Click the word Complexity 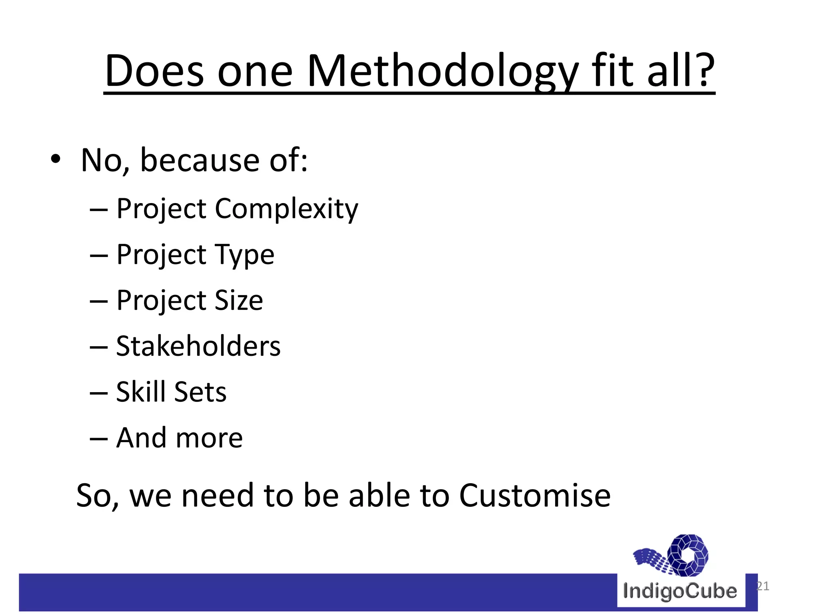point(286,209)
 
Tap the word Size point(239,300)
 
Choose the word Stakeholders point(198,346)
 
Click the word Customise point(535,496)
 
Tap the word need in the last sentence point(218,496)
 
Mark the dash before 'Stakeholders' point(99,347)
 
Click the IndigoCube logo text point(680,591)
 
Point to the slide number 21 point(763,586)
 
